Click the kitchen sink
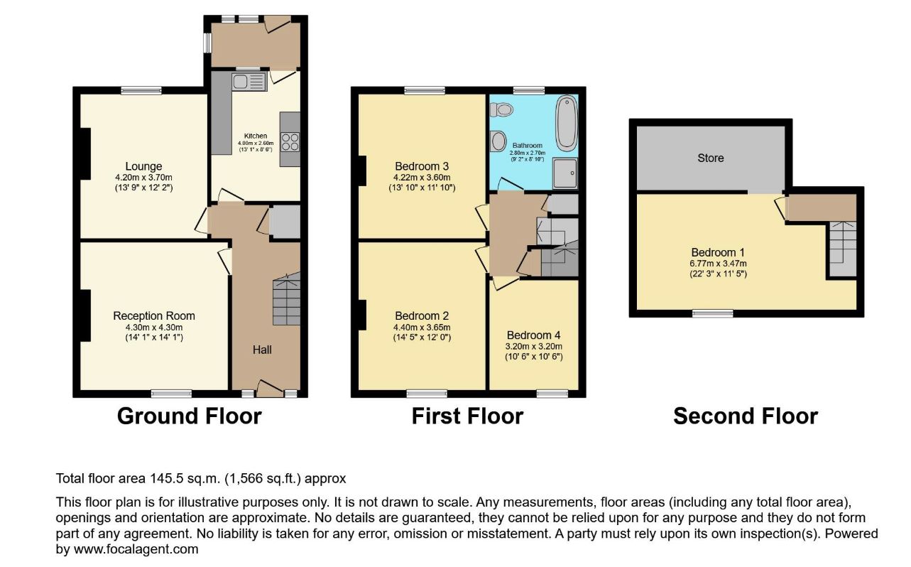click(x=249, y=82)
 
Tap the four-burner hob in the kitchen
click(x=290, y=142)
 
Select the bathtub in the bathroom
click(x=567, y=121)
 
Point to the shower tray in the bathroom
click(x=565, y=173)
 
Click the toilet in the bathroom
click(x=501, y=109)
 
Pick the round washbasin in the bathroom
click(x=498, y=141)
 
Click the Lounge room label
click(x=143, y=166)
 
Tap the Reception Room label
click(x=154, y=316)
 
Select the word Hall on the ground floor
click(x=262, y=350)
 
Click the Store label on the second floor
click(x=711, y=158)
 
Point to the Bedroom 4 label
click(x=533, y=335)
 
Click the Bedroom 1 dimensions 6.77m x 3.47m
click(x=719, y=264)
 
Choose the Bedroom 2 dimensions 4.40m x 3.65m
click(x=422, y=328)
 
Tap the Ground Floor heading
click(x=189, y=416)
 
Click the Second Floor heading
click(x=746, y=416)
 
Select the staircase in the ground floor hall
click(x=287, y=298)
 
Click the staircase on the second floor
click(x=843, y=249)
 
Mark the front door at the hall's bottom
click(x=270, y=389)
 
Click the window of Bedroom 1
click(x=713, y=313)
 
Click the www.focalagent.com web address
click(x=136, y=549)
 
